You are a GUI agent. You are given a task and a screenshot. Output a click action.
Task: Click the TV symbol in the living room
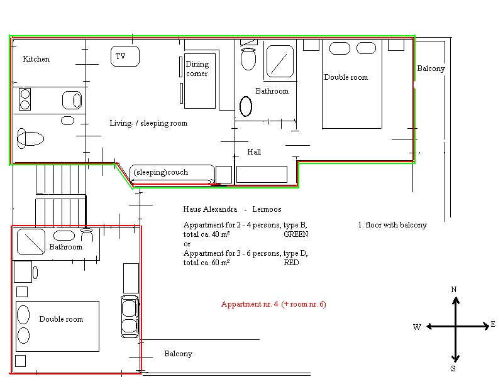coord(124,56)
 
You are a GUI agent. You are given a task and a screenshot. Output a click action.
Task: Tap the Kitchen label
coord(36,59)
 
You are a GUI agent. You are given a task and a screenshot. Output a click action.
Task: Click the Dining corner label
coord(197,68)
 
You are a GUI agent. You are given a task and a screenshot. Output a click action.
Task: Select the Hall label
coord(254,151)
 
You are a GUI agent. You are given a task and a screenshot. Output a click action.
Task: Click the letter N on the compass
coord(453,290)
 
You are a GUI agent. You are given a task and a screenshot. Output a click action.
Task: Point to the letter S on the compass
coord(453,369)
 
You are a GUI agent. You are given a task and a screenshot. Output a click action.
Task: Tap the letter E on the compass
coord(493,324)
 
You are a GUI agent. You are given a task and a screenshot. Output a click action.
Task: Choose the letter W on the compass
coord(417,327)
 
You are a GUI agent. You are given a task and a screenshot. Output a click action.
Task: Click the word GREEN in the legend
coord(296,234)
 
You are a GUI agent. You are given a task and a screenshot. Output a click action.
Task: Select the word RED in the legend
coord(291,263)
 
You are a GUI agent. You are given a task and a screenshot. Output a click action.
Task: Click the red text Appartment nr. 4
coord(250,304)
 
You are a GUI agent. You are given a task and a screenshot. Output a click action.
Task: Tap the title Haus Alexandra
coord(210,209)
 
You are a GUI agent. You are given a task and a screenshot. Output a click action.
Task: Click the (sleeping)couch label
coord(161,172)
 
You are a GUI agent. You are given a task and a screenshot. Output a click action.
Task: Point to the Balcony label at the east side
coord(431,68)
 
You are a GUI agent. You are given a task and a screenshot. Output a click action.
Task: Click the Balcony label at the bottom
coord(178,354)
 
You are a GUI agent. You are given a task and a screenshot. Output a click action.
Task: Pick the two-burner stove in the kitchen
coord(25,99)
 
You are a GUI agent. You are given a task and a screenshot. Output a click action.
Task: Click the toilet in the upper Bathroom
coord(248,58)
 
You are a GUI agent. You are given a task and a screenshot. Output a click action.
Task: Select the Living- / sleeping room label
coord(148,123)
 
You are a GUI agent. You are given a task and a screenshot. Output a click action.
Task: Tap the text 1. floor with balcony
coord(392,225)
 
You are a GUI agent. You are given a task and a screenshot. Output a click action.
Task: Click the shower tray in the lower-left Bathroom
coord(31,242)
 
